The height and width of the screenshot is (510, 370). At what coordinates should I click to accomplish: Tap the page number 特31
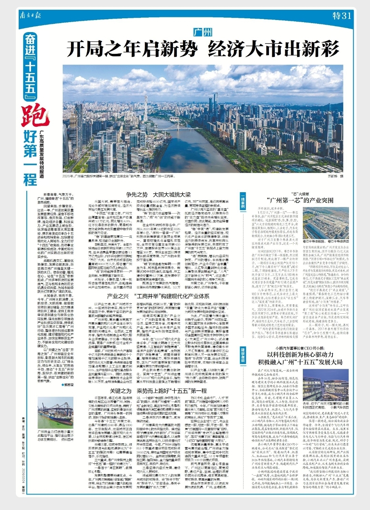pyautogui.click(x=341, y=16)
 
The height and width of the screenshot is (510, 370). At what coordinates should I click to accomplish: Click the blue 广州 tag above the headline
pyautogui.click(x=203, y=32)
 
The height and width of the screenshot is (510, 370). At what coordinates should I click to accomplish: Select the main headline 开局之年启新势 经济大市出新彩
pyautogui.click(x=203, y=49)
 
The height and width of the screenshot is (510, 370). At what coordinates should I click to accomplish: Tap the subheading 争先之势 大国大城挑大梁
pyautogui.click(x=158, y=194)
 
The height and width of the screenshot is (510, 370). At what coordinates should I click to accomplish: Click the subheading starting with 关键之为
pyautogui.click(x=158, y=391)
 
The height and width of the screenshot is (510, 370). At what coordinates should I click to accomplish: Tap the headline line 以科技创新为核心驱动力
pyautogui.click(x=300, y=355)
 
